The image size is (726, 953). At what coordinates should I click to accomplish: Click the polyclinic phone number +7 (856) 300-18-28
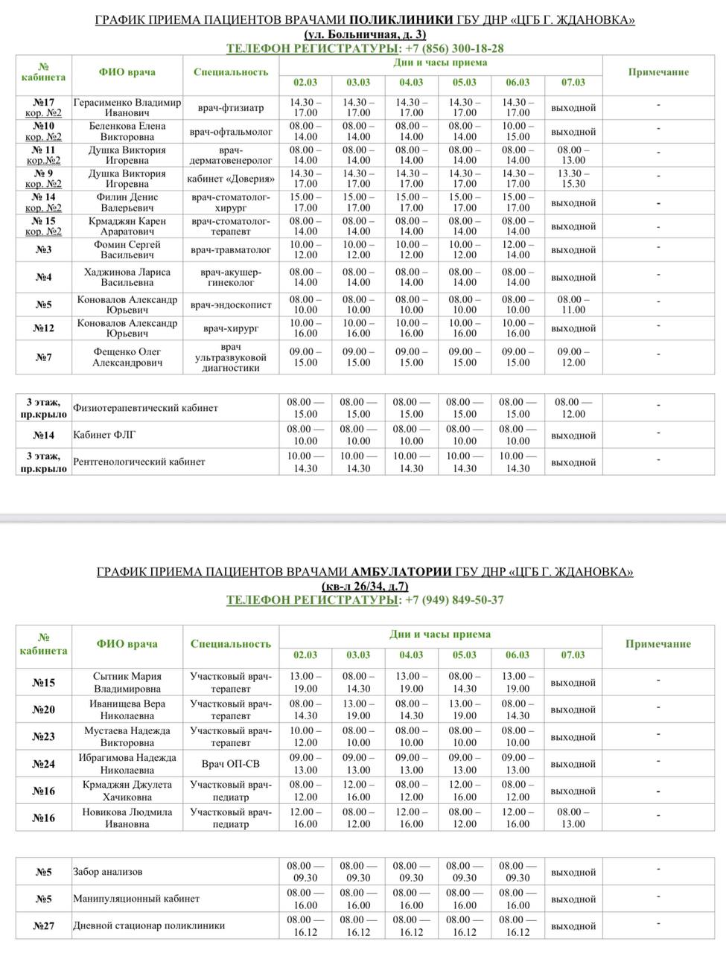click(x=453, y=48)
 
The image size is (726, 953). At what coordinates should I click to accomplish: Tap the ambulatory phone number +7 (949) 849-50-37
click(x=453, y=599)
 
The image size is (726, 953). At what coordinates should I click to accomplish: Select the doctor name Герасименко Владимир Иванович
click(x=127, y=108)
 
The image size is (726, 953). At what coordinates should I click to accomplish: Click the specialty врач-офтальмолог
click(x=231, y=132)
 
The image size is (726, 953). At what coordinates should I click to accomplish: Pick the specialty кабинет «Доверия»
click(x=231, y=179)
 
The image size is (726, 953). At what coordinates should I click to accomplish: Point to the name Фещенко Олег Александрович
click(x=127, y=357)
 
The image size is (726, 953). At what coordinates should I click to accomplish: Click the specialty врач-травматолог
click(x=231, y=250)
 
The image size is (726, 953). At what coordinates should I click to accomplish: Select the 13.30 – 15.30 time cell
click(x=573, y=179)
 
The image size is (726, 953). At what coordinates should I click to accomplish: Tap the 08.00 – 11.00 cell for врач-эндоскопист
click(x=573, y=305)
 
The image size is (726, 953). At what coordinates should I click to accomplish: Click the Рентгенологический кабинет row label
click(x=138, y=462)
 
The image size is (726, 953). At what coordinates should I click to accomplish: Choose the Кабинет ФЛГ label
click(x=104, y=435)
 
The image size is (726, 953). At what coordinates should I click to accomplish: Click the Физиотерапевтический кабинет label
click(x=145, y=408)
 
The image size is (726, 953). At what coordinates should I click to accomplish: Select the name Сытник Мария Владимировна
click(x=127, y=683)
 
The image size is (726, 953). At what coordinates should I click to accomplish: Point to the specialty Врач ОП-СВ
click(x=230, y=764)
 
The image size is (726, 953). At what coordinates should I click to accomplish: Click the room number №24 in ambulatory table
click(x=44, y=764)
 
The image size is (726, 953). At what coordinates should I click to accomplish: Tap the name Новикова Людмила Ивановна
click(x=127, y=818)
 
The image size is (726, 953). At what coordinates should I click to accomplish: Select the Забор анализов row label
click(x=107, y=872)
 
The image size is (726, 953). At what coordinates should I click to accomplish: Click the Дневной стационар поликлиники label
click(x=149, y=926)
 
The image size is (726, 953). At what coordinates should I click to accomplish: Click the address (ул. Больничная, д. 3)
click(x=365, y=34)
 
